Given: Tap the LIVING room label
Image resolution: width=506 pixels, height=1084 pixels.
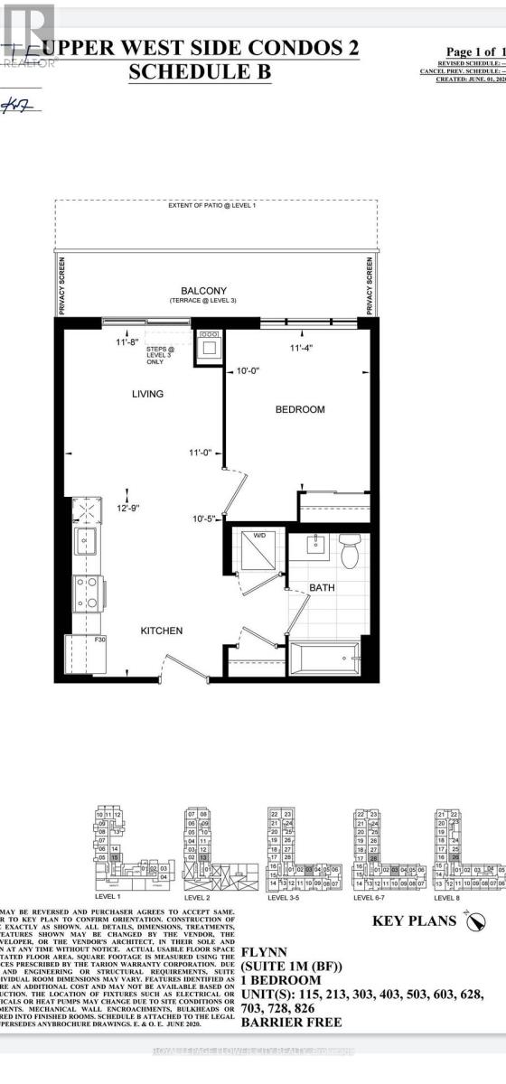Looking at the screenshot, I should coord(146,394).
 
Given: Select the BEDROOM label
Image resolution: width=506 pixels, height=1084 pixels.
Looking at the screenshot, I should coord(299,409).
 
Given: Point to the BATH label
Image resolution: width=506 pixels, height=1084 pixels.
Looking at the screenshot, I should coord(323,587).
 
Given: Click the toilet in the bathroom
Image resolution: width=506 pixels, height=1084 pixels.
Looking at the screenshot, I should coord(351,548).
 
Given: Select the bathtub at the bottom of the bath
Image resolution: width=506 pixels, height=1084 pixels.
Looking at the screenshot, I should coord(323,652).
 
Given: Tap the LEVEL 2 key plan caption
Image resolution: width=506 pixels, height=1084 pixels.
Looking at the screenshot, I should coord(199,899).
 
